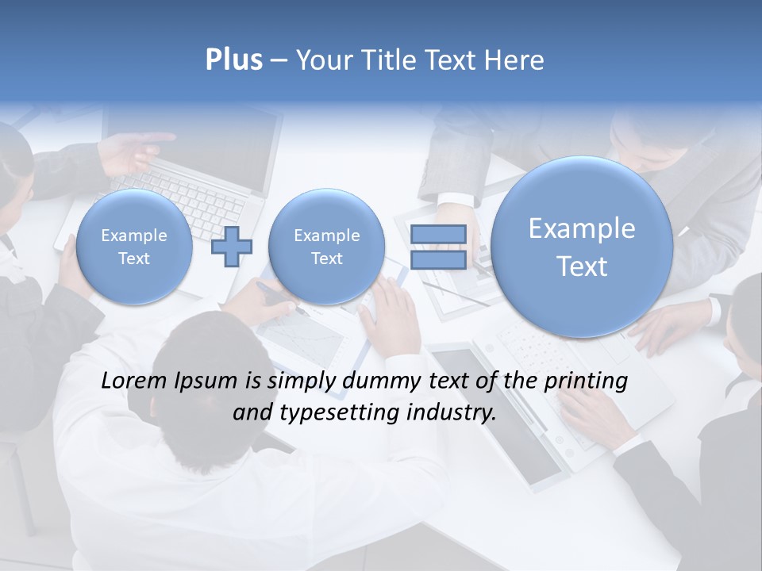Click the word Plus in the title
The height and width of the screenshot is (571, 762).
coord(233,60)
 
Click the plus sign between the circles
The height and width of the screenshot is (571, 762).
coord(232,247)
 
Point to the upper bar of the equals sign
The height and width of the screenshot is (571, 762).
coord(438,234)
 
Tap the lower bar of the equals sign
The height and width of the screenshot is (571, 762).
coord(438,259)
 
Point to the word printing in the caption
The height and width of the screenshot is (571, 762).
coord(586,381)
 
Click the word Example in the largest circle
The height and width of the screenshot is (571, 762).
coord(582,228)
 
